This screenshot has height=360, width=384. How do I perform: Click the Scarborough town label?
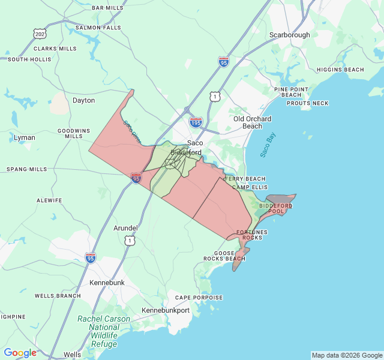(x=289, y=35)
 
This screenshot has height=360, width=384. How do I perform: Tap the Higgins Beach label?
(x=340, y=70)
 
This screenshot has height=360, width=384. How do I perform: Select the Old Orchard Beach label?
(x=252, y=122)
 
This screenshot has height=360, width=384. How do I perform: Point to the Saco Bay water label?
(x=268, y=145)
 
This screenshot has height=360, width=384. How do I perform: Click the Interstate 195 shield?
(x=196, y=122)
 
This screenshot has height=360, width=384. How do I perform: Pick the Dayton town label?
(x=83, y=100)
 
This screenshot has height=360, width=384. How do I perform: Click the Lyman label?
(x=25, y=137)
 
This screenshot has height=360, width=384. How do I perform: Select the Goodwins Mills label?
(x=74, y=133)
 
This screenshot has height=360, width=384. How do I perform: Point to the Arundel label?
(x=125, y=228)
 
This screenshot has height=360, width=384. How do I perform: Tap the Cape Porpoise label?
(x=199, y=298)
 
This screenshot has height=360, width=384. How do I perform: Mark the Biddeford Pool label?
(x=276, y=209)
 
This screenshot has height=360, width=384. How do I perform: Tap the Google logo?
(x=20, y=353)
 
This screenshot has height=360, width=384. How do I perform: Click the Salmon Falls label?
(x=98, y=28)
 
